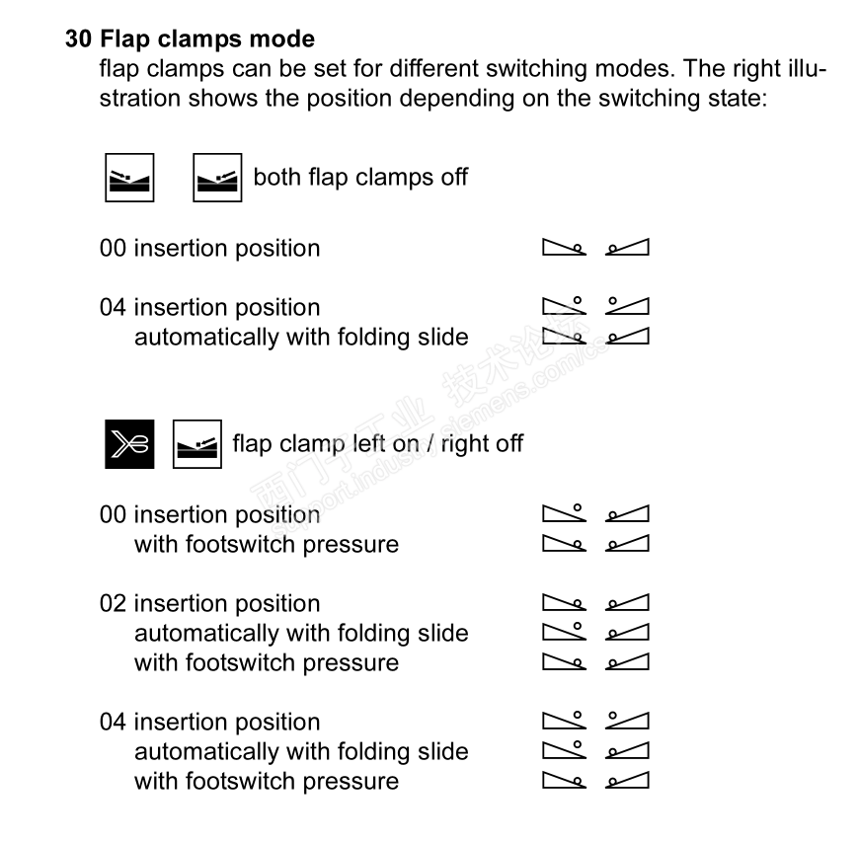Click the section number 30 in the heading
[x=79, y=39]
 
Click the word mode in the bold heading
[x=286, y=39]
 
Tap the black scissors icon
[x=129, y=444]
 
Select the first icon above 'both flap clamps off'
[x=129, y=178]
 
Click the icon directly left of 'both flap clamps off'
[x=217, y=178]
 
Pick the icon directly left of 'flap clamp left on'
[x=197, y=444]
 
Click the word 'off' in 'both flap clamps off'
[x=452, y=178]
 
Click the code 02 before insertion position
[x=113, y=604]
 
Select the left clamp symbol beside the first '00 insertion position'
[x=565, y=248]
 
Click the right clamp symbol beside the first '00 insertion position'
[x=628, y=248]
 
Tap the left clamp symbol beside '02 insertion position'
[x=565, y=604]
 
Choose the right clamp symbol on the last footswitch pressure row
[x=628, y=782]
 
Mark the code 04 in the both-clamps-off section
[x=113, y=308]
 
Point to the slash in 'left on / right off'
[x=430, y=444]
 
